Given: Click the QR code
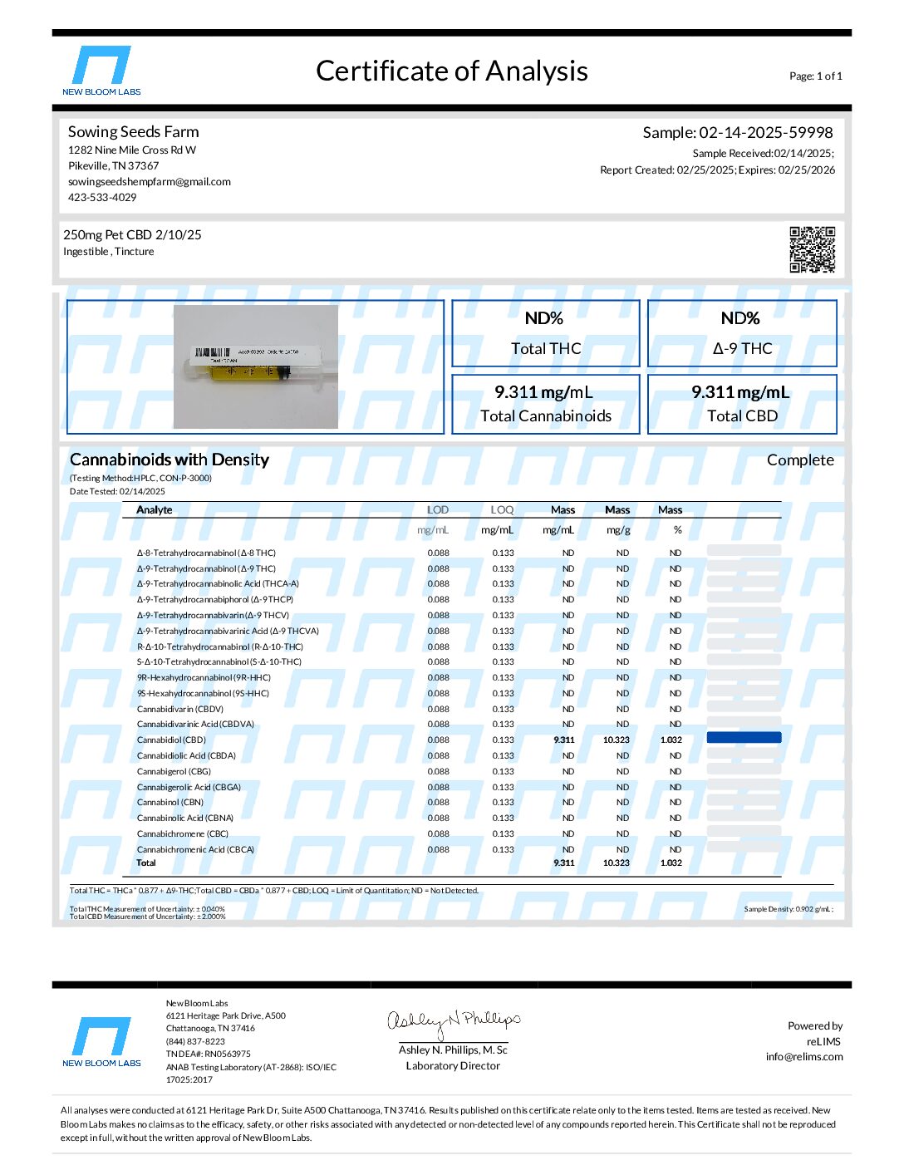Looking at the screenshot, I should (x=812, y=248).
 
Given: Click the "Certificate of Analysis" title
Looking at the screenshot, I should (x=452, y=71).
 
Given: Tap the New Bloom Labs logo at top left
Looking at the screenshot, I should (x=101, y=71).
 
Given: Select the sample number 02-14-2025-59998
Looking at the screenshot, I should (x=765, y=132).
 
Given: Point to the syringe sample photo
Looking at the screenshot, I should (x=256, y=366).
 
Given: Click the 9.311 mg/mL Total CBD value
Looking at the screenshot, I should (x=740, y=392).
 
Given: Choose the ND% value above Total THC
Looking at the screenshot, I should (x=544, y=318).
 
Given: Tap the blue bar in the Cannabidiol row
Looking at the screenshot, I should (x=744, y=738).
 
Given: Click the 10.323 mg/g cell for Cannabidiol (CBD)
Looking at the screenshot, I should (x=617, y=740).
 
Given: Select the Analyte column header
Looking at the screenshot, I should (x=155, y=509).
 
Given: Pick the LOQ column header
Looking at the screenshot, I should (x=502, y=509).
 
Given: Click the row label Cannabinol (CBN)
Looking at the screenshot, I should (x=170, y=802).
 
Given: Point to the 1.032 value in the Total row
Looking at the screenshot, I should (x=671, y=863).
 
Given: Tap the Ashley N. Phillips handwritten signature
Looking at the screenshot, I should (x=454, y=1022).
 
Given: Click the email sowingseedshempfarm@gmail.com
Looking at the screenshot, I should (x=150, y=182).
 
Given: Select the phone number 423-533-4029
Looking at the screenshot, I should (x=102, y=198).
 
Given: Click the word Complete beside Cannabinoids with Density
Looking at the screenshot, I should (x=800, y=460).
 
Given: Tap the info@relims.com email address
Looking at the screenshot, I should (x=804, y=1057).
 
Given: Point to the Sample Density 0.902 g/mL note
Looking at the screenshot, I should (x=789, y=909).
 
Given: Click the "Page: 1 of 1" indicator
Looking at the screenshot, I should (x=815, y=76).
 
